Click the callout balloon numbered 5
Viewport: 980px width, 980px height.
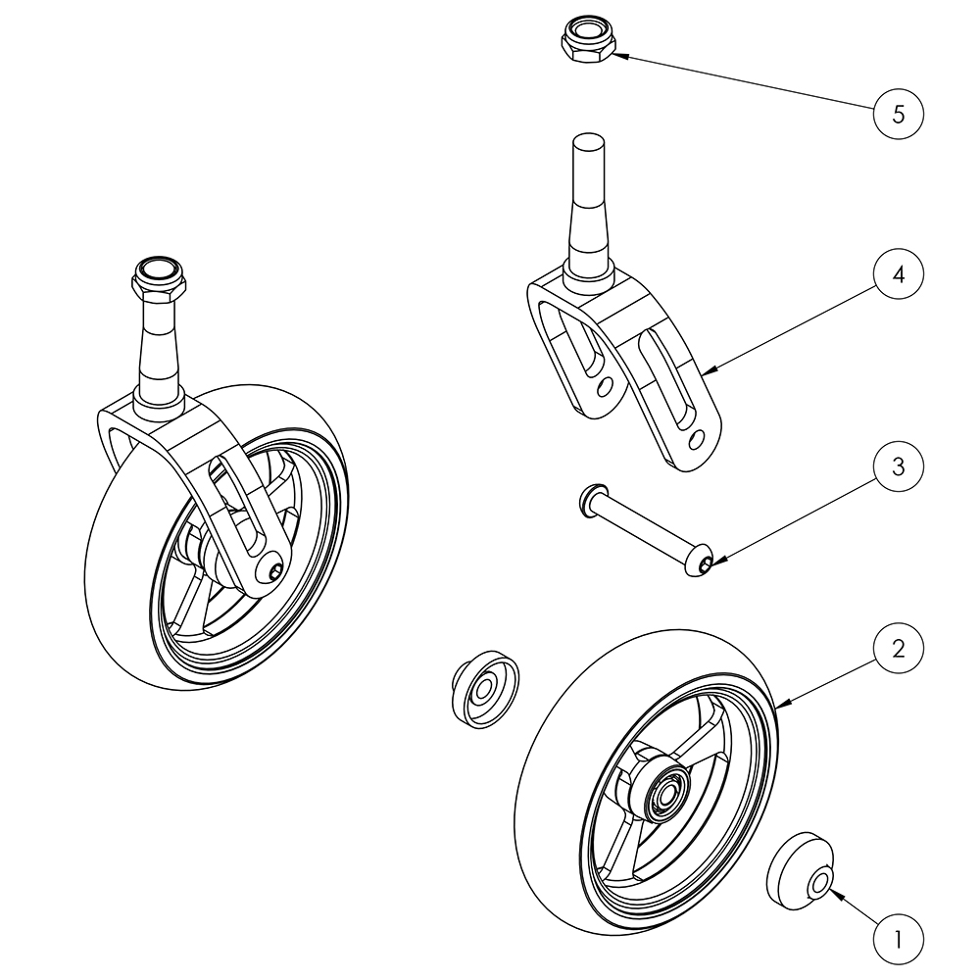tap(898, 113)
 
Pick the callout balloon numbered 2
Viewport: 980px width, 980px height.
tap(898, 648)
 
